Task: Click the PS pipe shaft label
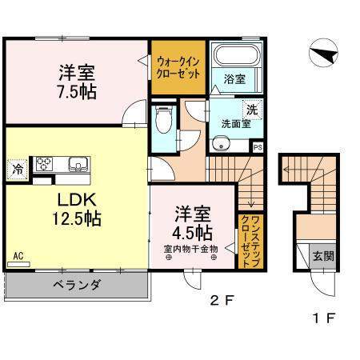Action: click(x=258, y=146)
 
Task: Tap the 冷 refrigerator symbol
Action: click(x=17, y=169)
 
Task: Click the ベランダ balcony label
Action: click(x=77, y=284)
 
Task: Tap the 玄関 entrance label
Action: click(x=323, y=257)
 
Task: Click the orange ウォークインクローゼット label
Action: click(x=179, y=66)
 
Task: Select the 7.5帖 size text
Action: click(x=77, y=90)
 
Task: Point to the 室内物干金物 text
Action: click(x=191, y=248)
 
